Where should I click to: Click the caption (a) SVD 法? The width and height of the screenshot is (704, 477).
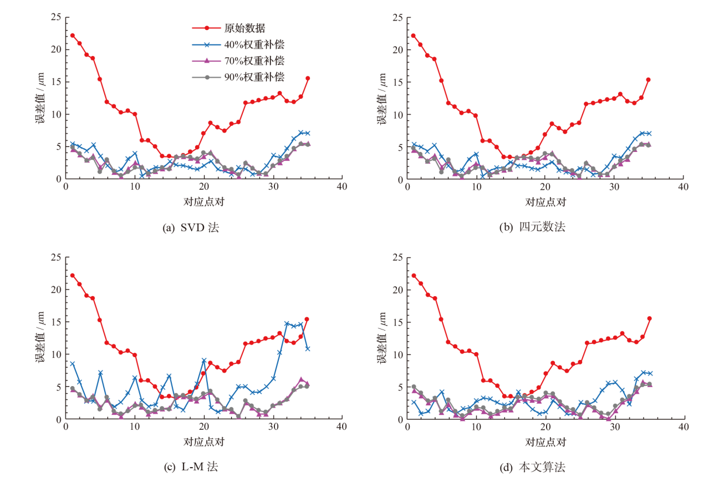pyautogui.click(x=191, y=227)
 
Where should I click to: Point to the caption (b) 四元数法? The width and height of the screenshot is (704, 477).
pyautogui.click(x=533, y=227)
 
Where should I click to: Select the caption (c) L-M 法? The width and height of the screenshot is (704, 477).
pyautogui.click(x=191, y=467)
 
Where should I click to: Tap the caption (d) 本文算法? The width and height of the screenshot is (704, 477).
pyautogui.click(x=533, y=467)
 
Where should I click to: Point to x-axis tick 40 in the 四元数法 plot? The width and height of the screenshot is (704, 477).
pyautogui.click(x=683, y=187)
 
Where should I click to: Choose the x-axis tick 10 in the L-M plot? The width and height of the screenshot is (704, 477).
pyautogui.click(x=135, y=427)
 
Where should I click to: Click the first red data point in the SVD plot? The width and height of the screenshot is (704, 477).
pyautogui.click(x=73, y=35)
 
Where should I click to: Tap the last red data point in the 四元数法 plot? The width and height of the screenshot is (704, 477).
pyautogui.click(x=649, y=80)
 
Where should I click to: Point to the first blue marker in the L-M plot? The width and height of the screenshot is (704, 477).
pyautogui.click(x=73, y=364)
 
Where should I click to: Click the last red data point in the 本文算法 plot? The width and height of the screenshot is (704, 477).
pyautogui.click(x=649, y=318)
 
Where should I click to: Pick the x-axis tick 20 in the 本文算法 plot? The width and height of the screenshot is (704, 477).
pyautogui.click(x=545, y=427)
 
